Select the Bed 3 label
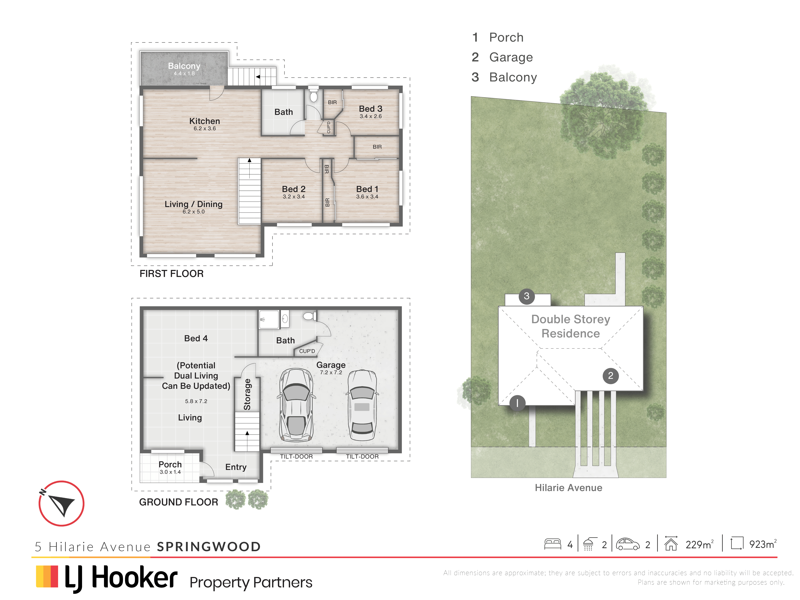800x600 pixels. (x=371, y=108)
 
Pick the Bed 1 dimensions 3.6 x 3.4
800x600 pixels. (x=367, y=197)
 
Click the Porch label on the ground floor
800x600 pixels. (x=170, y=464)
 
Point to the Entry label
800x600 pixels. (x=236, y=467)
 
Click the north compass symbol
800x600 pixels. (x=61, y=503)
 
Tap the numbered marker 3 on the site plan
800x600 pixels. (x=527, y=296)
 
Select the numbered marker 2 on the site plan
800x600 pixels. (x=611, y=376)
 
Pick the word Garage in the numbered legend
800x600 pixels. (x=511, y=57)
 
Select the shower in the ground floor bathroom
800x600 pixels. (x=269, y=319)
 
